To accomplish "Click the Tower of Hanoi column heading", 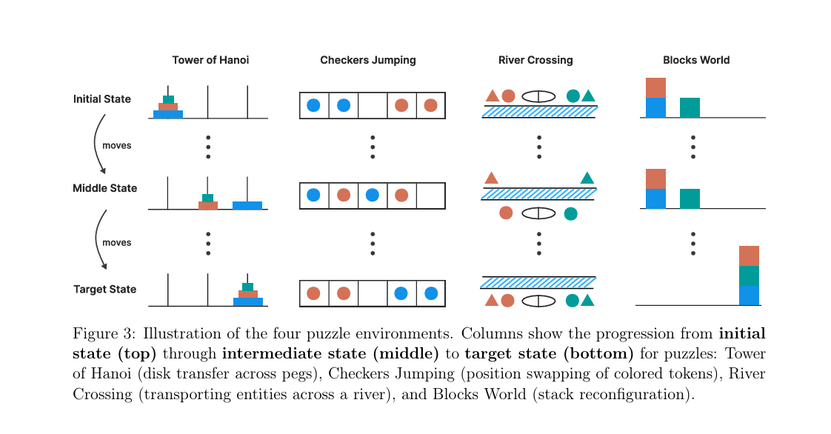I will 210,60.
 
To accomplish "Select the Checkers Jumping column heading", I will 368,60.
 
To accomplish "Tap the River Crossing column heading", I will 535,60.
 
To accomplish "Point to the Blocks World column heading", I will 696,60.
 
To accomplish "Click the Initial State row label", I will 102,99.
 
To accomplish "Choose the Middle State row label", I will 105,188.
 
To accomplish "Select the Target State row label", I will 105,290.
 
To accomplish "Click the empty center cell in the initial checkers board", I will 373,105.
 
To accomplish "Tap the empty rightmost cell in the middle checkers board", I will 430,196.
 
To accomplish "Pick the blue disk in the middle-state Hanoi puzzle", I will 247,205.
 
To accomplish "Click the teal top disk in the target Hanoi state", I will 247,287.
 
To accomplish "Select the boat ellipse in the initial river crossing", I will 538,96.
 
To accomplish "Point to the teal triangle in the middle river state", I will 587,178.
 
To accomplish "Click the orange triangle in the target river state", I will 491,300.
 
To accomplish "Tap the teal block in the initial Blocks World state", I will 690,107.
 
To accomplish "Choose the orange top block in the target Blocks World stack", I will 750,256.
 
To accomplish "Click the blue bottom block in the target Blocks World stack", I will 750,295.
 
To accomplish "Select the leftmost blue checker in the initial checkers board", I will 313,105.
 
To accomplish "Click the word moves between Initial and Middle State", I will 117,146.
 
